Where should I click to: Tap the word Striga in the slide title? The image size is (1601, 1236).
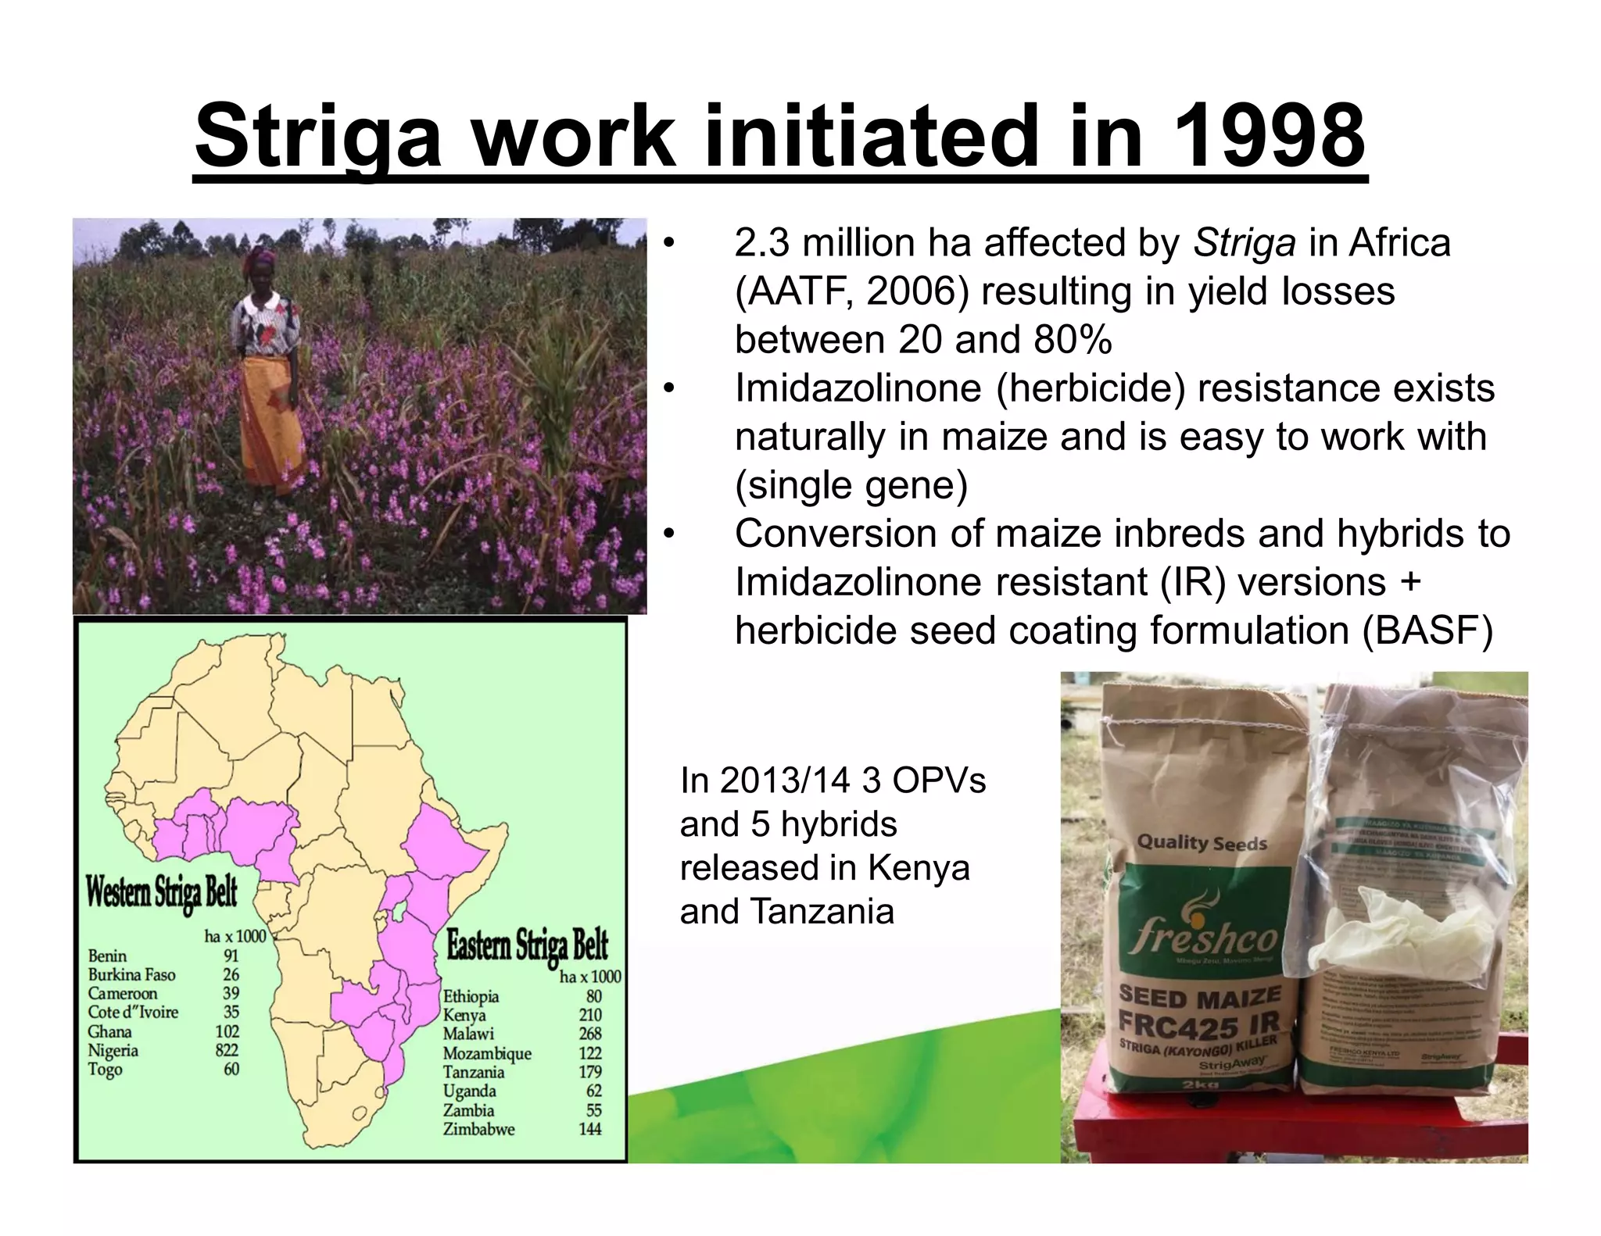(317, 138)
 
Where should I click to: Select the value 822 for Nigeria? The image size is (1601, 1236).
(227, 1050)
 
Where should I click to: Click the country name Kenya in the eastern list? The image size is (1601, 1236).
(464, 1015)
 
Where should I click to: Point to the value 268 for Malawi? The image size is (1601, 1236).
(590, 1034)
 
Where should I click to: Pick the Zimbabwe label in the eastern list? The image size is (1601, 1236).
(478, 1129)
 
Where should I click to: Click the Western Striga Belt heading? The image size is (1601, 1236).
(161, 892)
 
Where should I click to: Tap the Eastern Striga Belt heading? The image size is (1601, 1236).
(527, 945)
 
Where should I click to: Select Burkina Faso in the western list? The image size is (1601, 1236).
(131, 974)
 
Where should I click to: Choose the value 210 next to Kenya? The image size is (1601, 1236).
(590, 1015)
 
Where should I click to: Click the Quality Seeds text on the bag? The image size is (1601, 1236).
(1202, 843)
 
